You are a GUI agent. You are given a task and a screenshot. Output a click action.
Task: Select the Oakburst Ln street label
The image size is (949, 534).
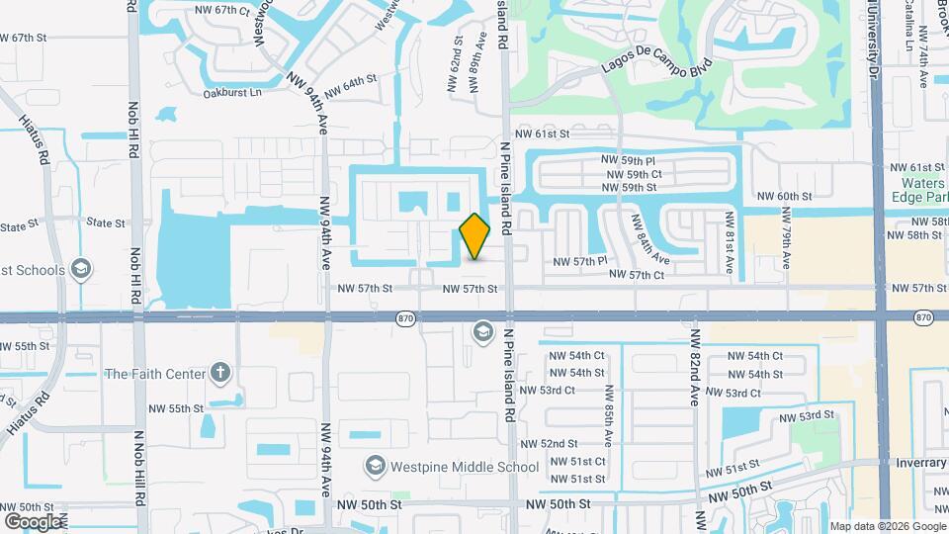[232, 93]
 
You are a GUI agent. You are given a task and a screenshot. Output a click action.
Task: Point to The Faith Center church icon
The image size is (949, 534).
[219, 374]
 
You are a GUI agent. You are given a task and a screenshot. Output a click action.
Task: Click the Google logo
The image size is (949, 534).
[32, 521]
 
